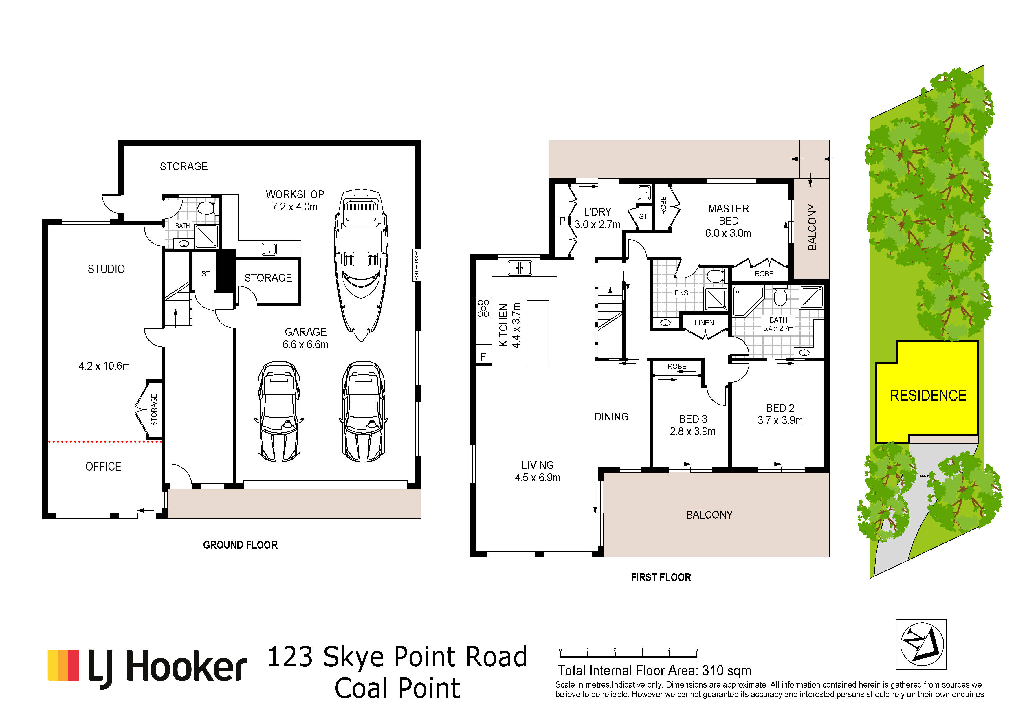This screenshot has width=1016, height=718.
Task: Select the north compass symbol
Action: click(x=921, y=644)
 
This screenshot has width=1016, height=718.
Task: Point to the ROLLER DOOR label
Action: click(x=416, y=265)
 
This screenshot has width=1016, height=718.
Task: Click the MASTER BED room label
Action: click(x=728, y=214)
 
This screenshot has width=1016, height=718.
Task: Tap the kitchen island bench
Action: click(x=538, y=333)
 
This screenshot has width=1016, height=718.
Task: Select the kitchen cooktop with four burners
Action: click(x=484, y=308)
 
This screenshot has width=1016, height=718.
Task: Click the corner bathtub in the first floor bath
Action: click(x=748, y=301)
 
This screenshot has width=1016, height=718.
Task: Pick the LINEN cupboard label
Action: click(x=704, y=322)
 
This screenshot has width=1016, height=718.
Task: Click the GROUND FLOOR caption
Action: click(x=240, y=545)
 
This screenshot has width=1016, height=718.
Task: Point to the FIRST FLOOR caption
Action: click(x=661, y=577)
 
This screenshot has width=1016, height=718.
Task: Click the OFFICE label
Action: click(x=103, y=466)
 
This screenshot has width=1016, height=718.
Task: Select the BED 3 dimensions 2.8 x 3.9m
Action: click(x=692, y=431)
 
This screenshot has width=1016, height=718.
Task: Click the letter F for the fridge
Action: click(x=483, y=357)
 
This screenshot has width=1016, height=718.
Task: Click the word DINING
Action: click(x=611, y=417)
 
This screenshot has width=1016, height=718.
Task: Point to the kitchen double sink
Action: click(x=520, y=268)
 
